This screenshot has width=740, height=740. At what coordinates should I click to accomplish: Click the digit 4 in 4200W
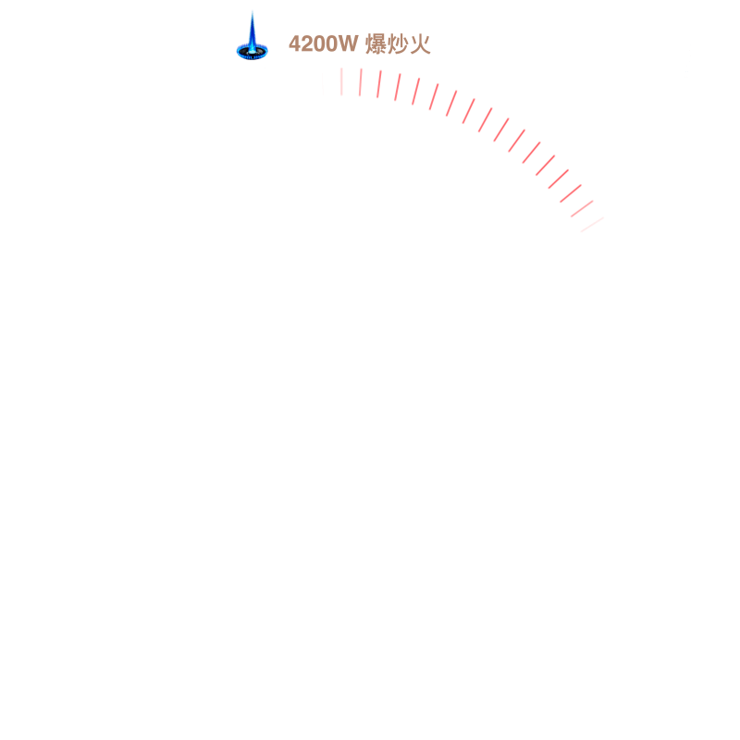click(295, 43)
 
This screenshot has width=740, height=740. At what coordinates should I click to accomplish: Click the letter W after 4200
click(348, 43)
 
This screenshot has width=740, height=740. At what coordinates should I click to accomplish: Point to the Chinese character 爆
click(376, 44)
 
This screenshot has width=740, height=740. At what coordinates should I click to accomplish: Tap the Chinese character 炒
click(398, 44)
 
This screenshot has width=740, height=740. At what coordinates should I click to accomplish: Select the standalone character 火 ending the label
click(420, 44)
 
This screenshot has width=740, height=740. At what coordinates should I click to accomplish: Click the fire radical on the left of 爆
click(369, 44)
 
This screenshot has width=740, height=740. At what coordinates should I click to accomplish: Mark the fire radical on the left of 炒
click(391, 44)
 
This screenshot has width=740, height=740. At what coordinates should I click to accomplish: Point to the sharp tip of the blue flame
click(253, 12)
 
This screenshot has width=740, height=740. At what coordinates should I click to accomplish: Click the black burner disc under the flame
click(252, 52)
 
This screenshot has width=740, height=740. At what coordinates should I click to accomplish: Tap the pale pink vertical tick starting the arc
click(341, 81)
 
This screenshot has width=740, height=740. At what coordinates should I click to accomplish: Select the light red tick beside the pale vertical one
click(360, 82)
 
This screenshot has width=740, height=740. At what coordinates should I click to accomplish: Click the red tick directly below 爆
click(379, 84)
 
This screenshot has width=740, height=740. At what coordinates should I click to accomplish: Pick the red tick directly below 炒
click(398, 87)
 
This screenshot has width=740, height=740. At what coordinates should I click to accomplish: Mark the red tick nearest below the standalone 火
click(415, 92)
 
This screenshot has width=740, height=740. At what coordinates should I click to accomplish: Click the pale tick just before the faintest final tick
click(582, 209)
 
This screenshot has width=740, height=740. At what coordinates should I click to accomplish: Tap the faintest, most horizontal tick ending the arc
click(592, 225)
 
